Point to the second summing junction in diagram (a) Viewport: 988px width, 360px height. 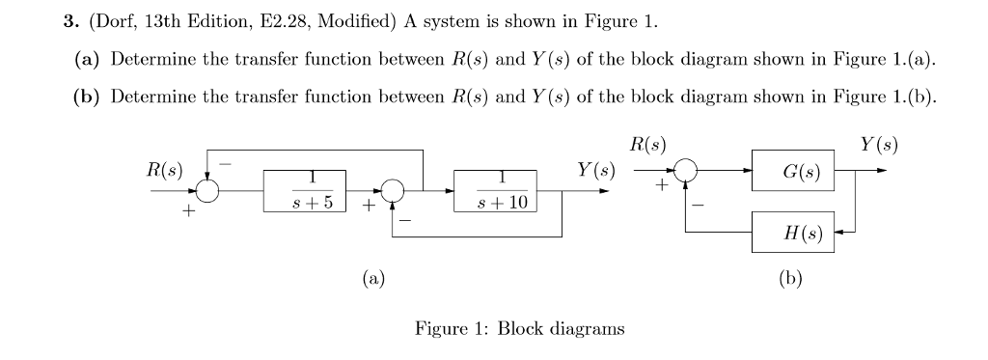(x=393, y=191)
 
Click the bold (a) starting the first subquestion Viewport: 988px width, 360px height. (x=88, y=60)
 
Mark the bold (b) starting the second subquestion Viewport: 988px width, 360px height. (x=88, y=97)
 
